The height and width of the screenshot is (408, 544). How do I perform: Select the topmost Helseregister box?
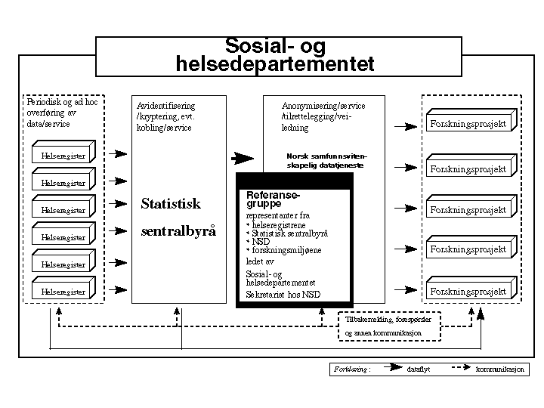(63, 156)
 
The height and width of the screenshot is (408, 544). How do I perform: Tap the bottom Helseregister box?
(63, 291)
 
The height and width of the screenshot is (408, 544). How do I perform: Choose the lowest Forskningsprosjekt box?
(468, 291)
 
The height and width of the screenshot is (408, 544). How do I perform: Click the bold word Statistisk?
(172, 204)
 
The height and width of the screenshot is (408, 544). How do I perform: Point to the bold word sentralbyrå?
(178, 231)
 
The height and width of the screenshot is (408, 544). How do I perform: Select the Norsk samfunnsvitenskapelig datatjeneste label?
(326, 160)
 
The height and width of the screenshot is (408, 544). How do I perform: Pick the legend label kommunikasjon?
(499, 370)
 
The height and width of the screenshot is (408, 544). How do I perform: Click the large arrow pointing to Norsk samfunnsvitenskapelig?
(243, 159)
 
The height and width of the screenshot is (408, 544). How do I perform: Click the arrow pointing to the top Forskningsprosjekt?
(406, 125)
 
